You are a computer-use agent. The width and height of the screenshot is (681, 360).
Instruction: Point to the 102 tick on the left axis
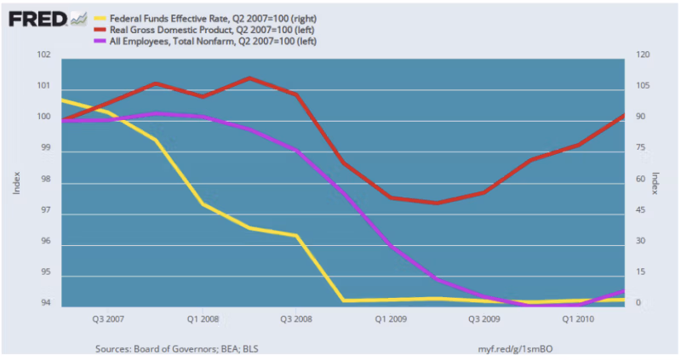pos(44,56)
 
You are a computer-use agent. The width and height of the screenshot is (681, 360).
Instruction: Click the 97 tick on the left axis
pos(44,211)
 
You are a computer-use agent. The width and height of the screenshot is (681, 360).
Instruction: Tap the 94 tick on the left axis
pos(44,304)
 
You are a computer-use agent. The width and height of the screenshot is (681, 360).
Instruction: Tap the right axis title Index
pos(655,180)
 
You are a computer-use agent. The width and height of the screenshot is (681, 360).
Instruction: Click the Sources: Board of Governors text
pos(161,348)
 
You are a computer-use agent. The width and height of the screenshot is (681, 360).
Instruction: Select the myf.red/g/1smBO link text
pos(516,348)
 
